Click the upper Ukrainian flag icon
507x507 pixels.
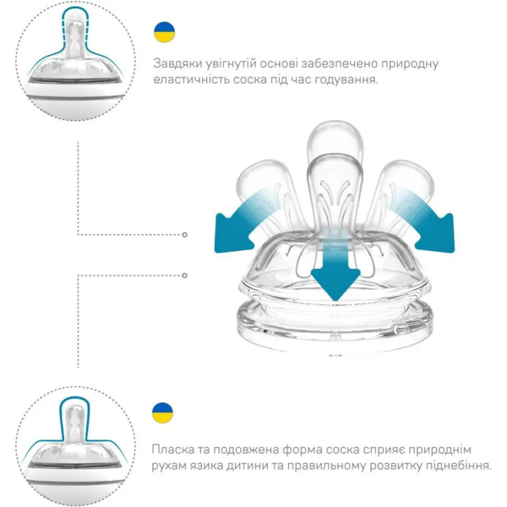[164, 32]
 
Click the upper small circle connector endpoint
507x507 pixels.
[185, 235]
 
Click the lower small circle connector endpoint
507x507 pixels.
[185, 274]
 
